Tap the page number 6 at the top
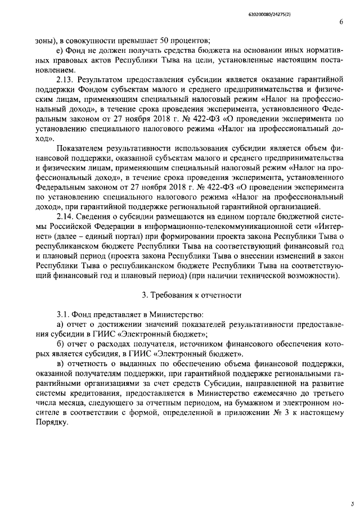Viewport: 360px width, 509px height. [341, 22]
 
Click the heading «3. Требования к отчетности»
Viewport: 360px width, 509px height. [191, 295]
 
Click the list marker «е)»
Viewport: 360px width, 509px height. [60, 51]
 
